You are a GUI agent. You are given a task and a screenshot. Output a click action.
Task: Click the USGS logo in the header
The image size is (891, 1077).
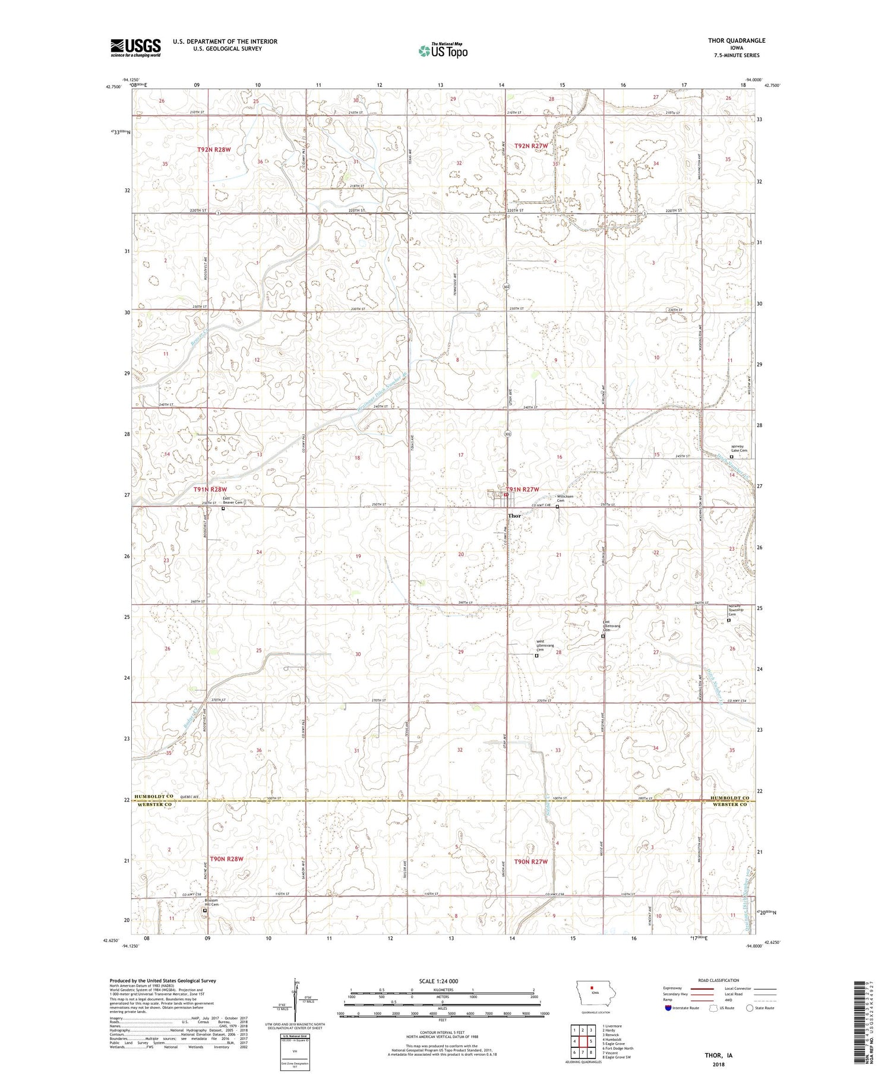135,48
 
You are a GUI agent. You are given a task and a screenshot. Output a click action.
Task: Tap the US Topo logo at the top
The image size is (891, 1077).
443,51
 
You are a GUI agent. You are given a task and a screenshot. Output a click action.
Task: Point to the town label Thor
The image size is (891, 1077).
514,516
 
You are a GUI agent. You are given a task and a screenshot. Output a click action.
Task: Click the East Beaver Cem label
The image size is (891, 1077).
233,500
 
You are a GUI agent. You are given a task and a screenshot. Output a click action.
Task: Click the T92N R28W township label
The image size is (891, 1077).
213,150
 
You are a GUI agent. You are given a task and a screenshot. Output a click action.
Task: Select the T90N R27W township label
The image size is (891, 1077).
530,861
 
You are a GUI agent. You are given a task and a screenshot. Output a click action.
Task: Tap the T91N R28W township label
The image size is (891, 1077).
210,489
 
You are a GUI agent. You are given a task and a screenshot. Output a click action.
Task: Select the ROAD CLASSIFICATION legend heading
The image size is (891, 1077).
719,980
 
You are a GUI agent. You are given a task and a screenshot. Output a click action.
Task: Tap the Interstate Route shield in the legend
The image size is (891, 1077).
668,1008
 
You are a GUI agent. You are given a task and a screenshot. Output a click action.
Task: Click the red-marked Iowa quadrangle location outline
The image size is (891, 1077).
593,993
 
